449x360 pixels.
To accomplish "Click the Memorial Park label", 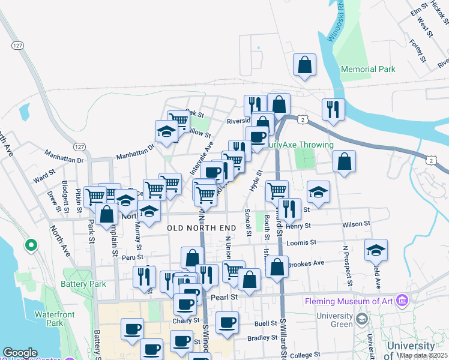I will [x=368, y=69].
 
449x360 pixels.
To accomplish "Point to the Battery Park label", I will [x=83, y=284].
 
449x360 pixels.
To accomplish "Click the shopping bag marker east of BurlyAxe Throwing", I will [x=344, y=161].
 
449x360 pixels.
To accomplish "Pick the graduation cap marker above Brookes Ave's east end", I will [x=376, y=250].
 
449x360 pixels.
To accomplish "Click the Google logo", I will [x=20, y=353].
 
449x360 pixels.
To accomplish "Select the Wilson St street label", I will [x=357, y=224].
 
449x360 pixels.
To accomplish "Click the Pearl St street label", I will [x=224, y=296].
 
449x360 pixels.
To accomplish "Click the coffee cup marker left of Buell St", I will [x=228, y=323].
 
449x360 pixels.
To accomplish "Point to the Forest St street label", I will [x=417, y=51].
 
